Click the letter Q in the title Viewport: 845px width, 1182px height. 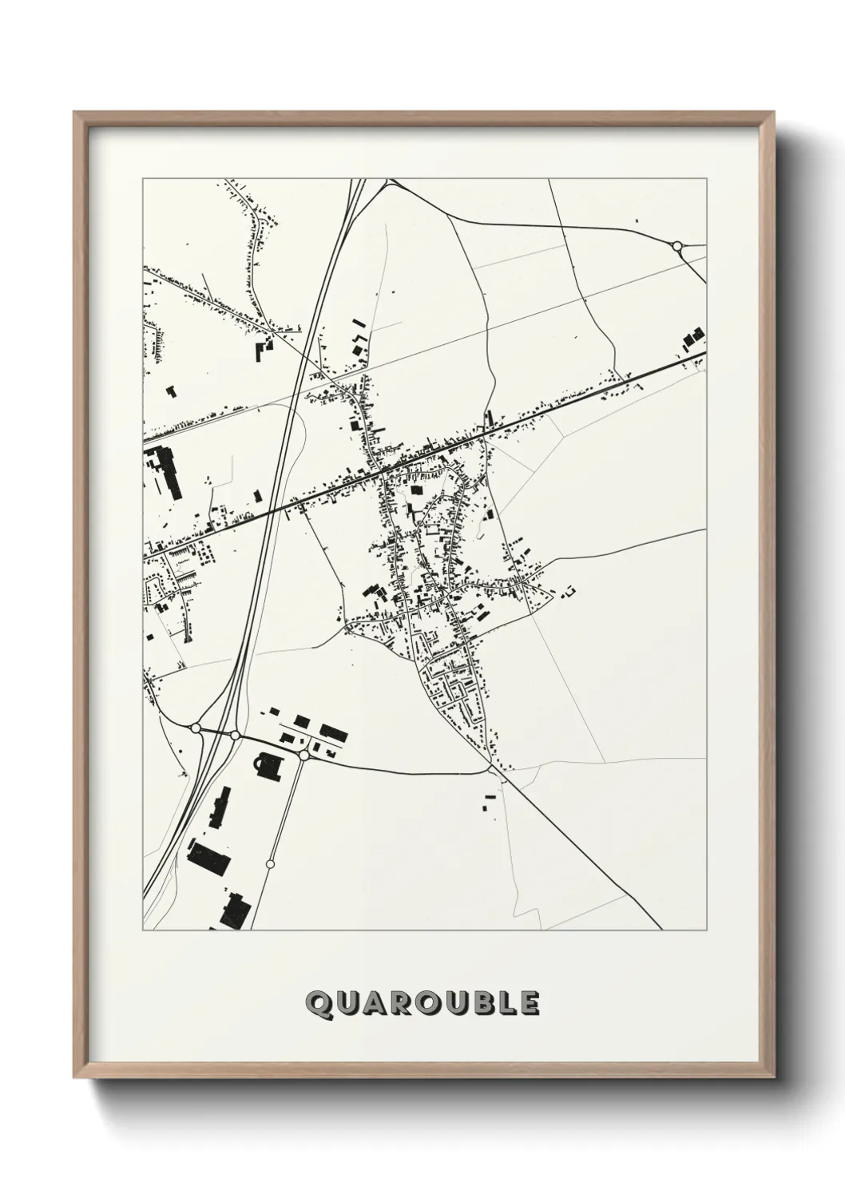point(319,1005)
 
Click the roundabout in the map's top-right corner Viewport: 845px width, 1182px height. point(677,245)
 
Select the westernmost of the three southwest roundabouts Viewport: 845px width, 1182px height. point(196,728)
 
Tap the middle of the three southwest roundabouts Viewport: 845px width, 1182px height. point(235,735)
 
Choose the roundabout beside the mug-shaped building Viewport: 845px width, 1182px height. point(303,755)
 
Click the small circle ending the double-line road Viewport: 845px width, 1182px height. point(270,864)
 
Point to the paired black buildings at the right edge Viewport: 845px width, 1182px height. point(693,339)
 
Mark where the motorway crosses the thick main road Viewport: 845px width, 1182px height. point(272,510)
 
